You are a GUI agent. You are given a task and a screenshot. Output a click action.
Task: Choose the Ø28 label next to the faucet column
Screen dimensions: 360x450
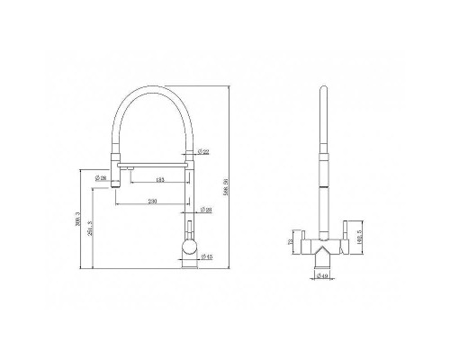(207, 211)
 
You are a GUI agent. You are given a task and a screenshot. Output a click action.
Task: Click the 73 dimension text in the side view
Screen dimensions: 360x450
(290, 241)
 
